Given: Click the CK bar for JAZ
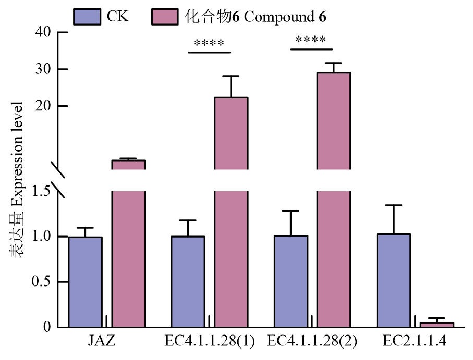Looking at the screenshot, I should [x=85, y=282].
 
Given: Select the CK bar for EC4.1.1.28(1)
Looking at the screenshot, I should [x=188, y=282].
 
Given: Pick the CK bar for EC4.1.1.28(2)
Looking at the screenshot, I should [x=290, y=281].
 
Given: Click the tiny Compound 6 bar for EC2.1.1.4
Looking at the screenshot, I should [x=436, y=325].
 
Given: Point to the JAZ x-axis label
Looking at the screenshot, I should [x=102, y=342].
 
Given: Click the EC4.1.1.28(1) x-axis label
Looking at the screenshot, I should [x=209, y=342].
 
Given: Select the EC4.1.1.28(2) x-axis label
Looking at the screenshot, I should [x=312, y=342].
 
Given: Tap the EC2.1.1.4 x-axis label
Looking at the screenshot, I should [x=415, y=342].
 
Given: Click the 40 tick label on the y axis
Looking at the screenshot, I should [x=43, y=32].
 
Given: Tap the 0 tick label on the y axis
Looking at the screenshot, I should [x=46, y=328].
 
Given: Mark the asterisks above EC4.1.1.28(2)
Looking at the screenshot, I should [x=311, y=41].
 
